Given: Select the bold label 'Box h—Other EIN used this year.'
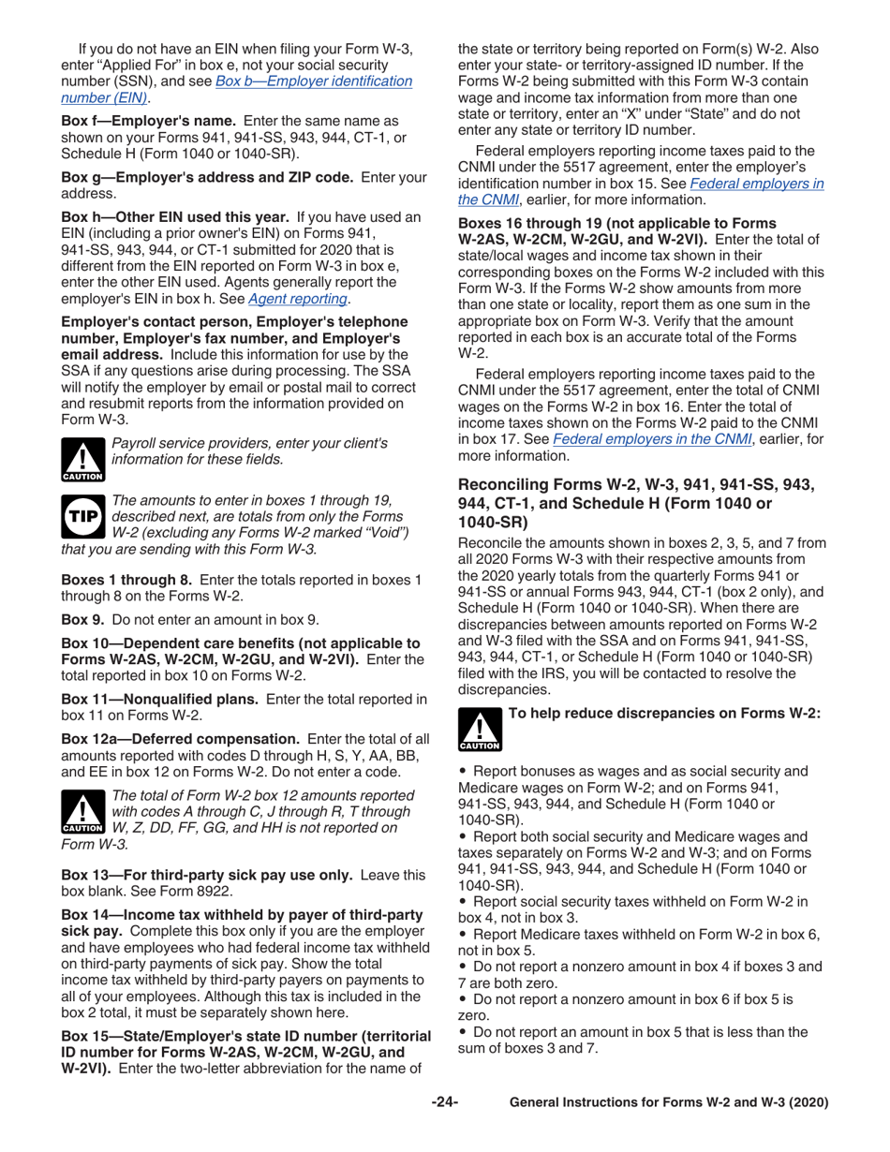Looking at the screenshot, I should (162, 216).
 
